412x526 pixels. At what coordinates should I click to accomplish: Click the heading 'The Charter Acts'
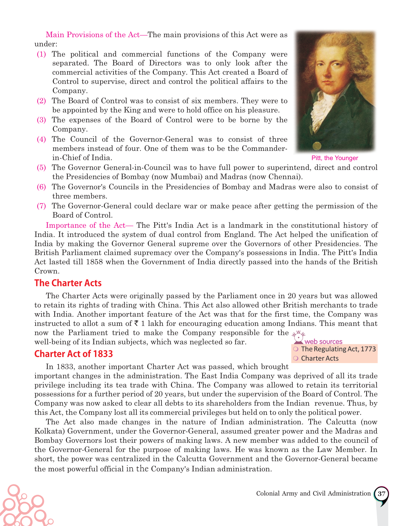tap(68, 283)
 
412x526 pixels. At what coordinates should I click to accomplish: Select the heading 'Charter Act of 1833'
tap(73, 354)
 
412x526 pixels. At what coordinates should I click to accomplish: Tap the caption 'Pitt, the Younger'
tap(334, 158)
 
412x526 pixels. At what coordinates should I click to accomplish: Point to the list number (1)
tap(41, 54)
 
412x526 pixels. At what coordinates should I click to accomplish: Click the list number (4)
tap(41, 139)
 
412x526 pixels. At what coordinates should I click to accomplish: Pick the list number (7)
tap(41, 206)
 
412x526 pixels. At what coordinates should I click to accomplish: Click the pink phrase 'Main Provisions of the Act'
tap(93, 35)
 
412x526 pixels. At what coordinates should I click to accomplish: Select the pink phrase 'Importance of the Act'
tap(86, 226)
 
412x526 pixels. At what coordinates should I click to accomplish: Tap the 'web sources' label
tap(323, 342)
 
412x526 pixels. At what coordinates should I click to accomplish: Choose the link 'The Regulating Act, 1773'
tap(338, 349)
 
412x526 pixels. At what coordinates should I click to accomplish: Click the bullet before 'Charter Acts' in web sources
tap(296, 358)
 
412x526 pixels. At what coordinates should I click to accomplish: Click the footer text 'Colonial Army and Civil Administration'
tap(313, 494)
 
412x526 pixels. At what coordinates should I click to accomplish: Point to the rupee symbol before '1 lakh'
tap(136, 324)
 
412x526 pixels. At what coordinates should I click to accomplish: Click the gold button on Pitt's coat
tap(316, 146)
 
